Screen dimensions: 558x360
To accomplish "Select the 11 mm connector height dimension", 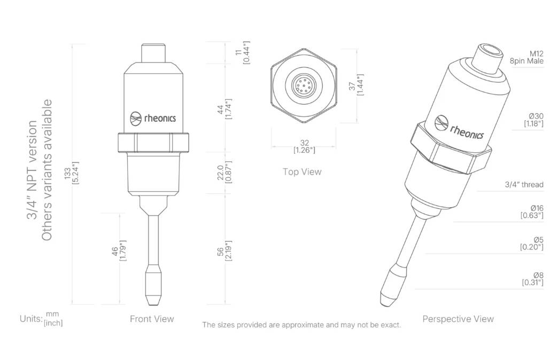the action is [242, 53].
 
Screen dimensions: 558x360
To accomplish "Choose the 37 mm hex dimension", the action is [356, 85].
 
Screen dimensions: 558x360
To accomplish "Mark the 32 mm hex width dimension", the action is [304, 146].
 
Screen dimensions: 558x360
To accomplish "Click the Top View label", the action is [302, 172].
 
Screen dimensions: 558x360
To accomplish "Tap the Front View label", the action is [152, 319].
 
